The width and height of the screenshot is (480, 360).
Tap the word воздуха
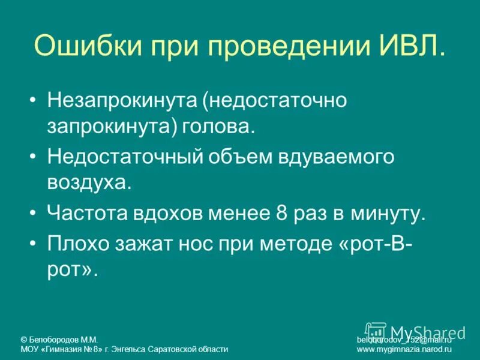pos(89,182)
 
